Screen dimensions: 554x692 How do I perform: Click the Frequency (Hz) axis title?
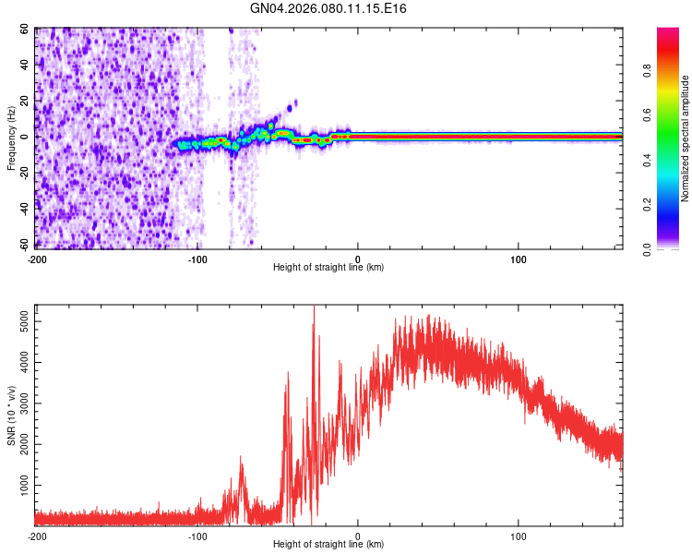(11, 138)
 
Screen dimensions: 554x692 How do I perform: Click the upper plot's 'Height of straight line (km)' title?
(328, 268)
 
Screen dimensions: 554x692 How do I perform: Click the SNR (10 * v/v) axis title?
(11, 415)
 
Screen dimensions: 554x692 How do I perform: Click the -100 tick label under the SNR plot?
(197, 536)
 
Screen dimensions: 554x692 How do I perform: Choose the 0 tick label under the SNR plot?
(358, 536)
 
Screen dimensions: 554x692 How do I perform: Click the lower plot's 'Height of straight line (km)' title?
(328, 545)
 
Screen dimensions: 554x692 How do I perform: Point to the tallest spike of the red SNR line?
(314, 307)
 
